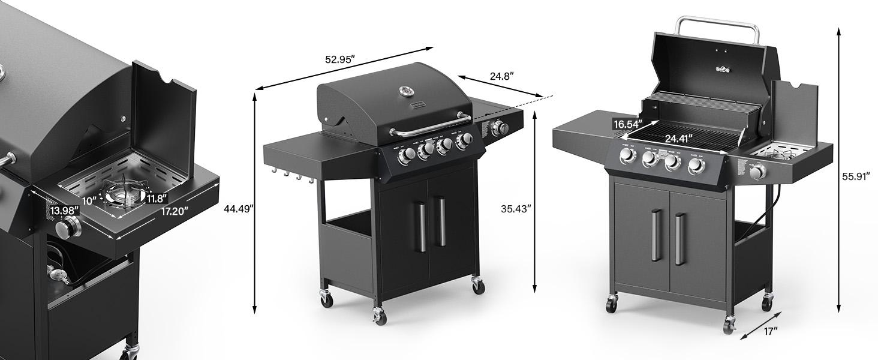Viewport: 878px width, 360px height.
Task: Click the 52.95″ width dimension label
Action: coord(340,59)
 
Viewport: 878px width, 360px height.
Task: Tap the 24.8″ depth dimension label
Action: coord(501,76)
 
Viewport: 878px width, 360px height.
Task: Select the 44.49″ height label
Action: coord(238,209)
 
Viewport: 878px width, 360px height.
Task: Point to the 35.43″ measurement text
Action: coord(516,209)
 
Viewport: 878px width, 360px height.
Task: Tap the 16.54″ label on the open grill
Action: coord(627,124)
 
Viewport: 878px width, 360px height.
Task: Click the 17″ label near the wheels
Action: coord(771,331)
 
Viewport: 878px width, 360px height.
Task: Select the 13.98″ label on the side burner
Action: coord(64,210)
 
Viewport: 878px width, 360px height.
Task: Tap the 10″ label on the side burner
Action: coord(89,200)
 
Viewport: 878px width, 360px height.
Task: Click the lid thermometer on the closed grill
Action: coord(407,92)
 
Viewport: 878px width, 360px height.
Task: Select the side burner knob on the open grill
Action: coord(759,173)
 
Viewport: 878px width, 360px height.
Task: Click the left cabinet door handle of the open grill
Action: coord(657,235)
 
